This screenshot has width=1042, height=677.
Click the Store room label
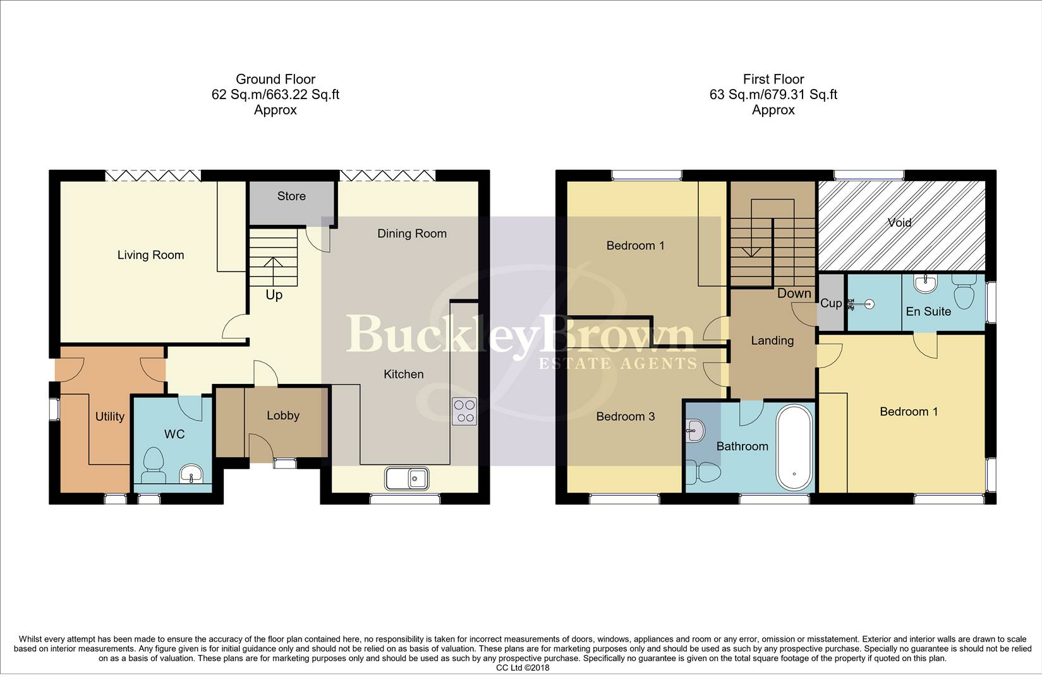[x=291, y=196]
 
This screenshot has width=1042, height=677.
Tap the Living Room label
[x=150, y=255]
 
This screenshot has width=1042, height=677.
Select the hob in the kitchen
[x=464, y=412]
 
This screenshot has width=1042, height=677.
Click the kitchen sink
[x=406, y=479]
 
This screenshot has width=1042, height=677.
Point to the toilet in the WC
[x=154, y=465]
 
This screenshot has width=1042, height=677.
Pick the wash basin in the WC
[x=191, y=474]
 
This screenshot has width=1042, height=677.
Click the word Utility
[x=110, y=417]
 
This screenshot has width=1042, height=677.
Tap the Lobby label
[x=283, y=415]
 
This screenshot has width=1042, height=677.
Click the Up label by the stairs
[x=274, y=295]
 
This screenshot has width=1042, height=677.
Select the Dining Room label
[x=412, y=234]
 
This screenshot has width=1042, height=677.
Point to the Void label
[x=899, y=222]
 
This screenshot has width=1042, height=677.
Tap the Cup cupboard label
[x=831, y=303]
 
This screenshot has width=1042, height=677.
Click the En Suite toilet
[x=964, y=292]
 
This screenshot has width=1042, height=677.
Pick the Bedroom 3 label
[x=625, y=417]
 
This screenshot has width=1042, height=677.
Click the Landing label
[x=772, y=341]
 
